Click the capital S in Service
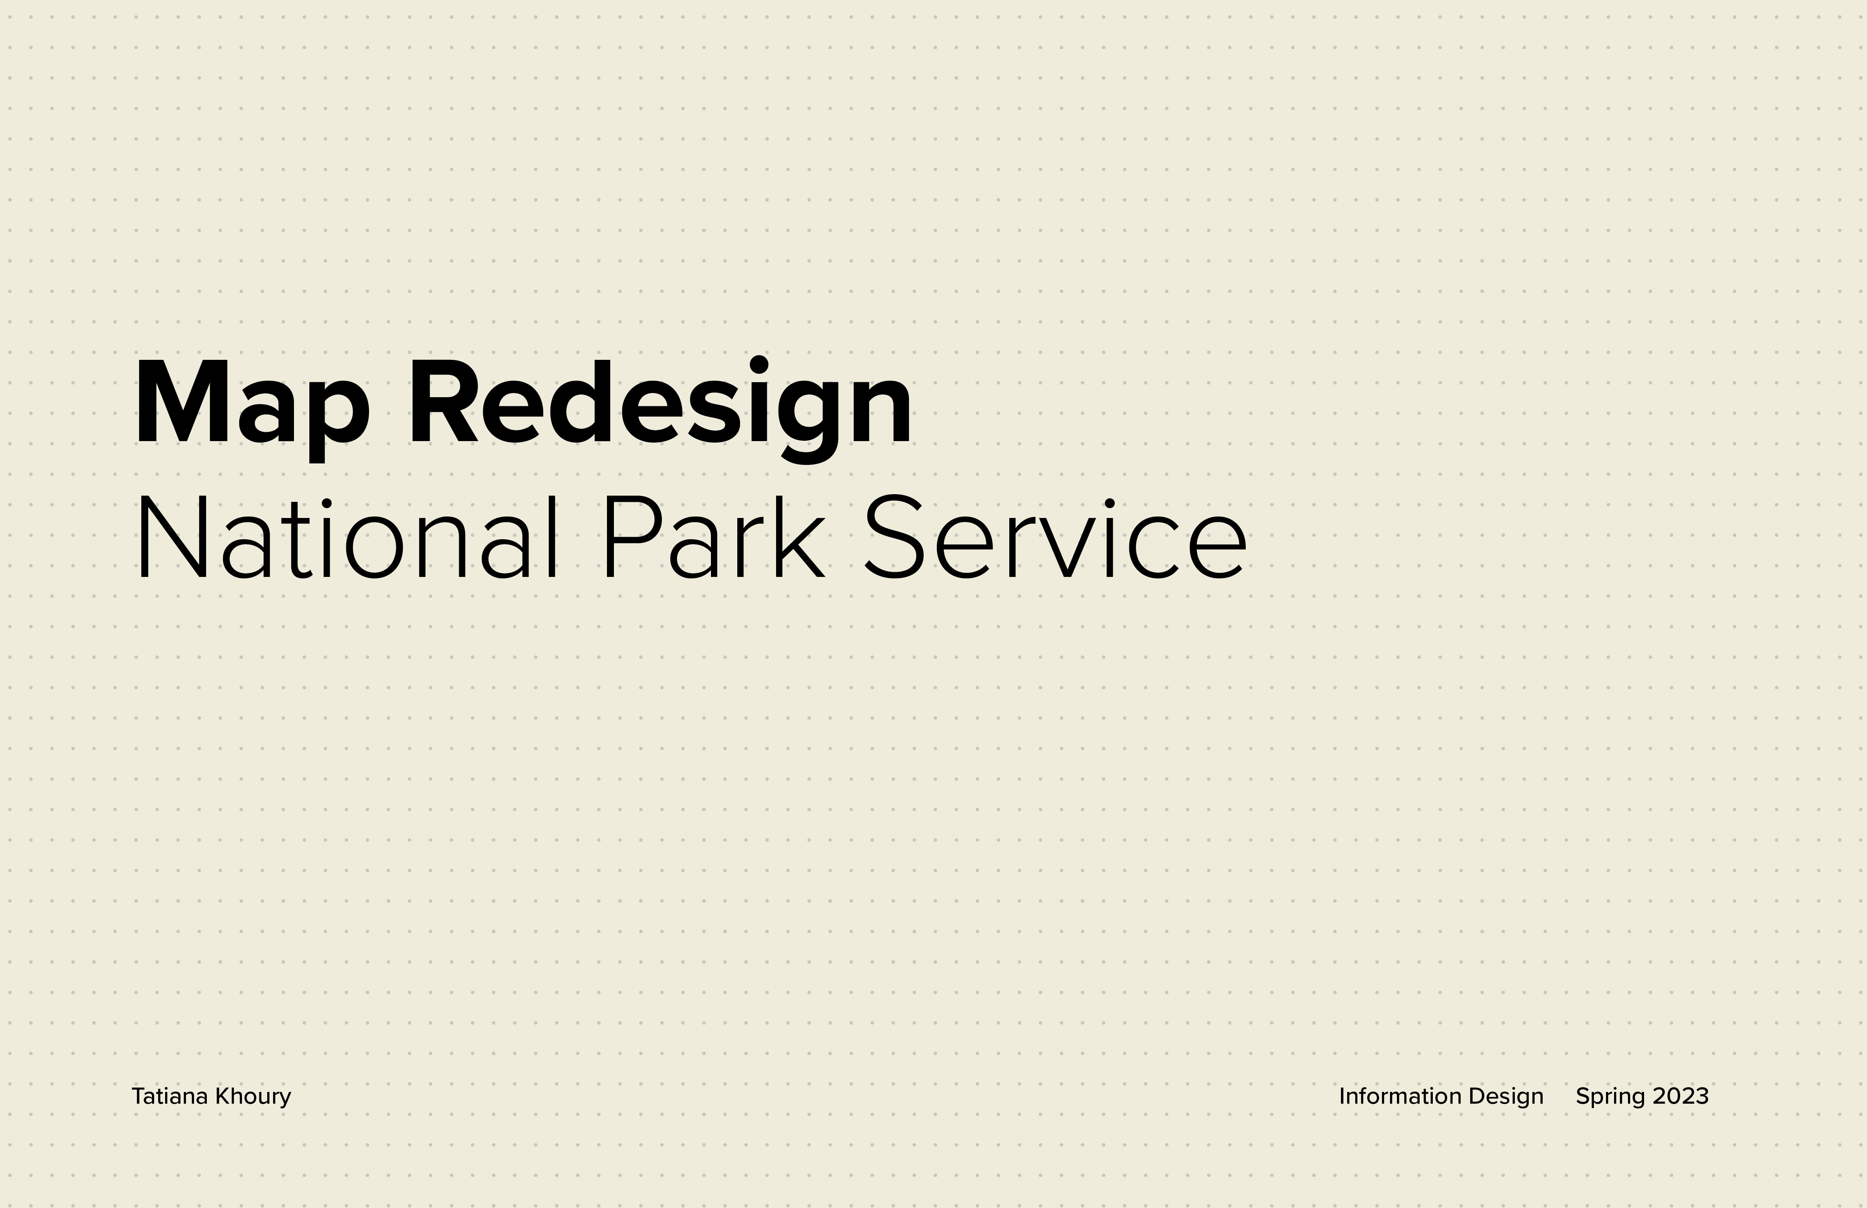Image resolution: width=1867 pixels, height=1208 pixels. (892, 538)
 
